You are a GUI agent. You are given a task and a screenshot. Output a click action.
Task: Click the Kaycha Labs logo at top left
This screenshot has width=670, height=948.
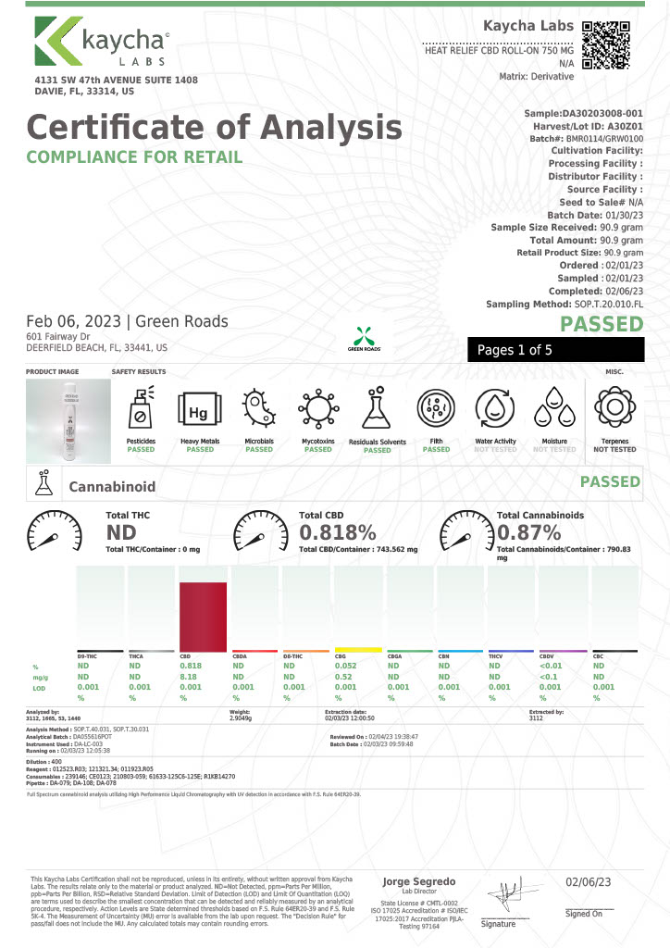(99, 44)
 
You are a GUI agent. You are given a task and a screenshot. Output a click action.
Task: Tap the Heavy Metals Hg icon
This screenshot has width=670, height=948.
(199, 409)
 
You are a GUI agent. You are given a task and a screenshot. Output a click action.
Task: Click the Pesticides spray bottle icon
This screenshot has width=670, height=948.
(141, 409)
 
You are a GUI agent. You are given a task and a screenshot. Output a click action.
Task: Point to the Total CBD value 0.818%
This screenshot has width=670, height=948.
(338, 532)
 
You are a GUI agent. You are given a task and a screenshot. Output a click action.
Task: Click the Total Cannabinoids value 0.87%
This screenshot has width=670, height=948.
(529, 532)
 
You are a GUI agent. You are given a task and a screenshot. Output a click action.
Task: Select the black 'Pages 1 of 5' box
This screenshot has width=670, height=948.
(555, 350)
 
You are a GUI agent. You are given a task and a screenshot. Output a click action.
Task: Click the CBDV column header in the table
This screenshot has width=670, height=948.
(547, 655)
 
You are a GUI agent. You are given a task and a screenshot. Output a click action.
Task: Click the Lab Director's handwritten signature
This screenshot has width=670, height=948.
(507, 896)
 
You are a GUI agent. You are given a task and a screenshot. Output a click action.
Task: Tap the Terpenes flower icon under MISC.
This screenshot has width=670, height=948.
(614, 409)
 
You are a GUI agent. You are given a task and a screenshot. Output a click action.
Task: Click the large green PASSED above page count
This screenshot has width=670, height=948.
(602, 323)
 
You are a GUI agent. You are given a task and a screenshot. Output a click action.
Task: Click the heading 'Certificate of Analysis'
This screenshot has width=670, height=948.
(214, 126)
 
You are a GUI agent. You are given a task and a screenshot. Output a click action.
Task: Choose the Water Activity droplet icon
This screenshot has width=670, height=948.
(495, 409)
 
